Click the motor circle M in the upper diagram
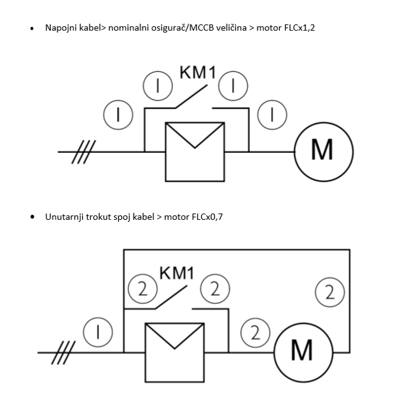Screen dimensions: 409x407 point(322,152)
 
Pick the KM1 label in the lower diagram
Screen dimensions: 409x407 point(176,273)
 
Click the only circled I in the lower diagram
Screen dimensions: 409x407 point(99,331)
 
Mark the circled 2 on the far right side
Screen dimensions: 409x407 point(329,293)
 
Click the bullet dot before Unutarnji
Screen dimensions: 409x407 point(32,217)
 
